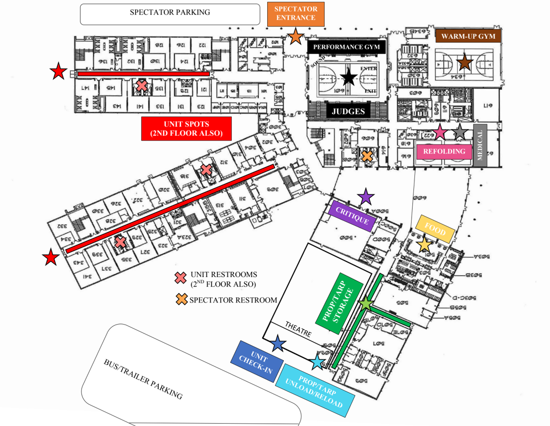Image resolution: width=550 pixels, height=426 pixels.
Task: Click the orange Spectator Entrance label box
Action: click(x=295, y=14)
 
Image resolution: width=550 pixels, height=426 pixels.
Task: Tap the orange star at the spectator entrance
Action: click(x=295, y=37)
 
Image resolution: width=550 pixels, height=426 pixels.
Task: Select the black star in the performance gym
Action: click(x=349, y=77)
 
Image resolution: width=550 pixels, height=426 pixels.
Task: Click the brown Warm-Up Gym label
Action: click(x=468, y=37)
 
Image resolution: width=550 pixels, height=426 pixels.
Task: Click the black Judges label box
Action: click(x=349, y=111)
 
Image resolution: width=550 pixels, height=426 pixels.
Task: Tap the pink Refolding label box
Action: click(x=443, y=151)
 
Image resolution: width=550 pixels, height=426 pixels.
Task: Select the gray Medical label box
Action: click(x=479, y=145)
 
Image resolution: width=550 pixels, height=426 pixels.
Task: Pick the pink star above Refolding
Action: click(x=439, y=132)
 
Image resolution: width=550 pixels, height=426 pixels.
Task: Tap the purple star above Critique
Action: click(x=366, y=196)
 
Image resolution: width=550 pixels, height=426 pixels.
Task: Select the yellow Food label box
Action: click(x=435, y=228)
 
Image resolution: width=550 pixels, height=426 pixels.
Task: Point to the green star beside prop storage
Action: click(x=366, y=303)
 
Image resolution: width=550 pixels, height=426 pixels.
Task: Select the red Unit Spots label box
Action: click(x=186, y=129)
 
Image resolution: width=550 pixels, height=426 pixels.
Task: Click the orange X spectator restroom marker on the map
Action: click(x=367, y=156)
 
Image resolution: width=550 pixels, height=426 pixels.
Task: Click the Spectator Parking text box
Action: click(x=170, y=13)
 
